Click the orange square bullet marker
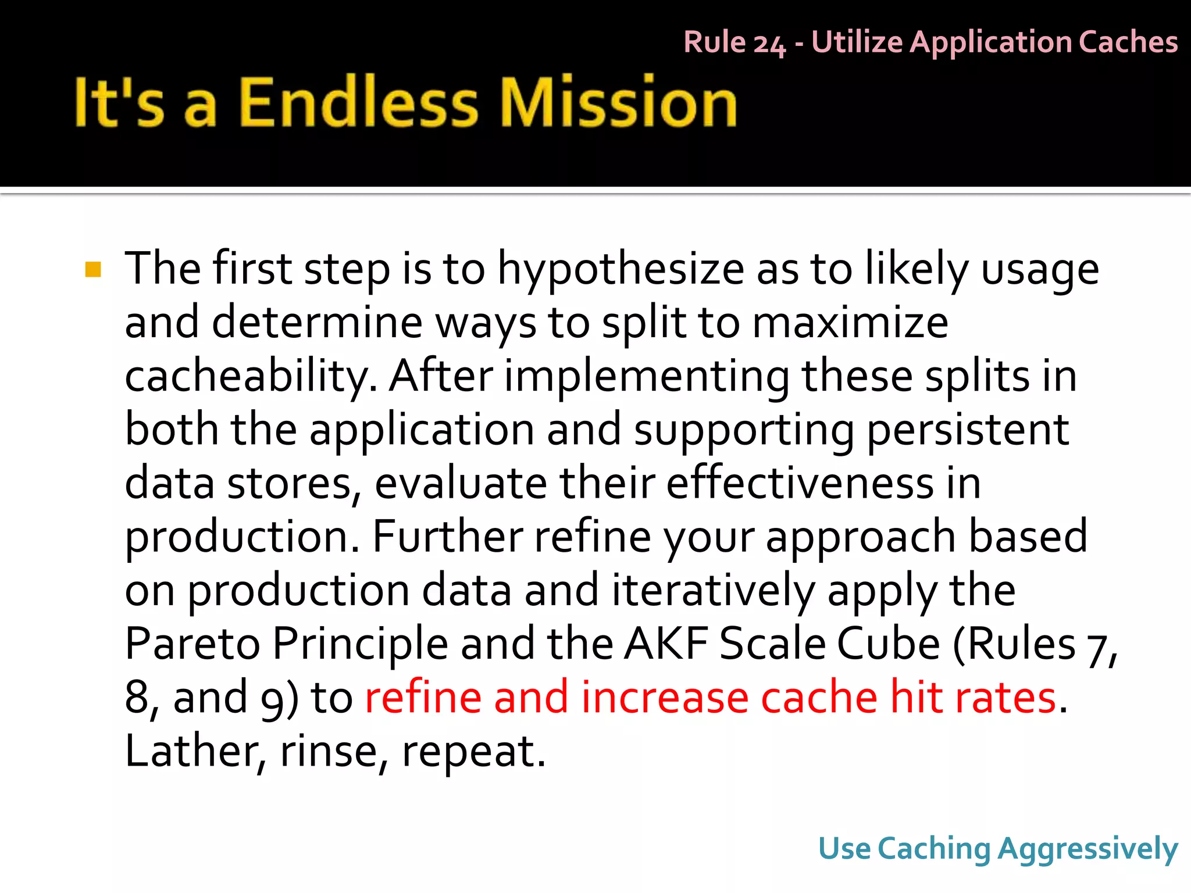(x=93, y=270)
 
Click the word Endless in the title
(x=358, y=102)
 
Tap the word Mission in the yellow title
(x=619, y=102)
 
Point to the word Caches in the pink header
(x=1128, y=42)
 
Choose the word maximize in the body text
(x=850, y=323)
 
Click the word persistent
(x=968, y=430)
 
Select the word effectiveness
(x=800, y=484)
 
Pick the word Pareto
(x=192, y=644)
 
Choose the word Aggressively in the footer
(x=1087, y=849)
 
